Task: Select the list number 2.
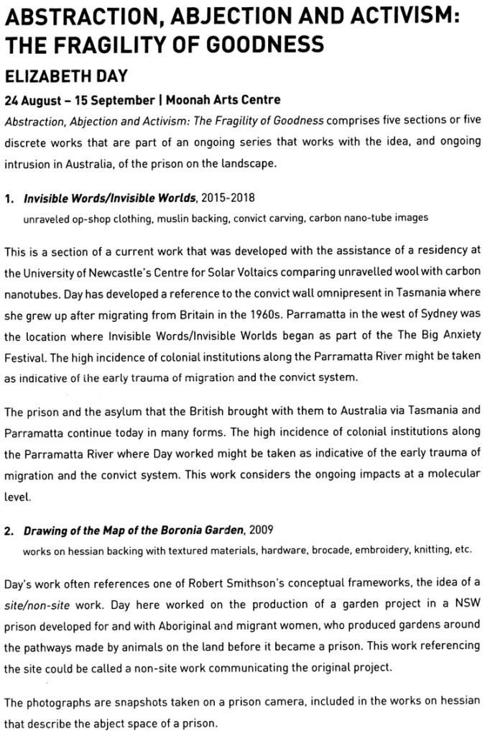coord(9,532)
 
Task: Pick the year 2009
coord(261,532)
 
